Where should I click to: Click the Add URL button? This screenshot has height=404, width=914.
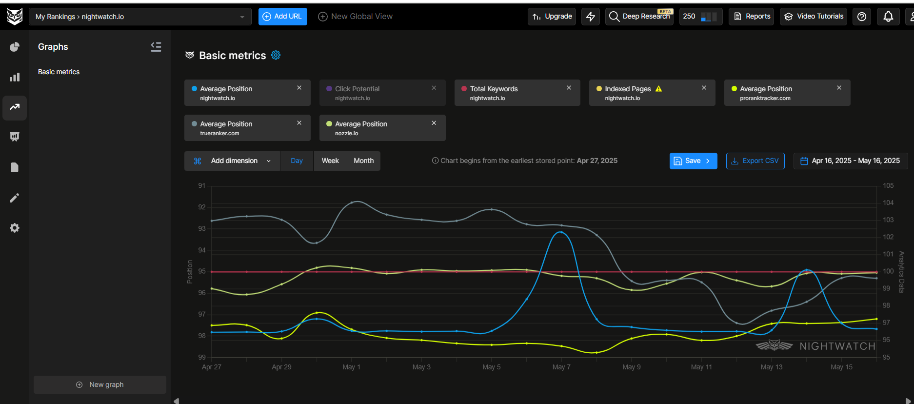pyautogui.click(x=282, y=17)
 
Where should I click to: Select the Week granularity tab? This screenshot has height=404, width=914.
pyautogui.click(x=330, y=161)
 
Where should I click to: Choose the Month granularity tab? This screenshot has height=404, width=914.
pyautogui.click(x=363, y=161)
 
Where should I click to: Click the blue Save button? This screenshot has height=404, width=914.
pyautogui.click(x=693, y=161)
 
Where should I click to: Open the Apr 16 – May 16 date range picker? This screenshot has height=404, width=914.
pyautogui.click(x=850, y=161)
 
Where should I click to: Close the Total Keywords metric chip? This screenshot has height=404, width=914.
pyautogui.click(x=569, y=88)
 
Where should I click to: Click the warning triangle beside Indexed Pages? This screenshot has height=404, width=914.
pyautogui.click(x=658, y=89)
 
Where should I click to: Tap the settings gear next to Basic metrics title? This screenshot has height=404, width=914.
pyautogui.click(x=276, y=55)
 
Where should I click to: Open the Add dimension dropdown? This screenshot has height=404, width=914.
pyautogui.click(x=232, y=161)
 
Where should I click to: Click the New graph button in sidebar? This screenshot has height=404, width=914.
pyautogui.click(x=100, y=384)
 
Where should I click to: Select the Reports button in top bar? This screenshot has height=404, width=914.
pyautogui.click(x=752, y=17)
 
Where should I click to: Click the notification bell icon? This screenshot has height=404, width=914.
pyautogui.click(x=888, y=17)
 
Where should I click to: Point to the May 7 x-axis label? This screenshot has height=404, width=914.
pyautogui.click(x=561, y=367)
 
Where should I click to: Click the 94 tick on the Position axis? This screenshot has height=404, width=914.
pyautogui.click(x=201, y=250)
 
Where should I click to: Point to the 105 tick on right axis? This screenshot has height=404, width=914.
pyautogui.click(x=888, y=186)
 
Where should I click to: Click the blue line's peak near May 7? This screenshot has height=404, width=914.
pyautogui.click(x=561, y=232)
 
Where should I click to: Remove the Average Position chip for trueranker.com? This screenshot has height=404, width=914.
pyautogui.click(x=299, y=123)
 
